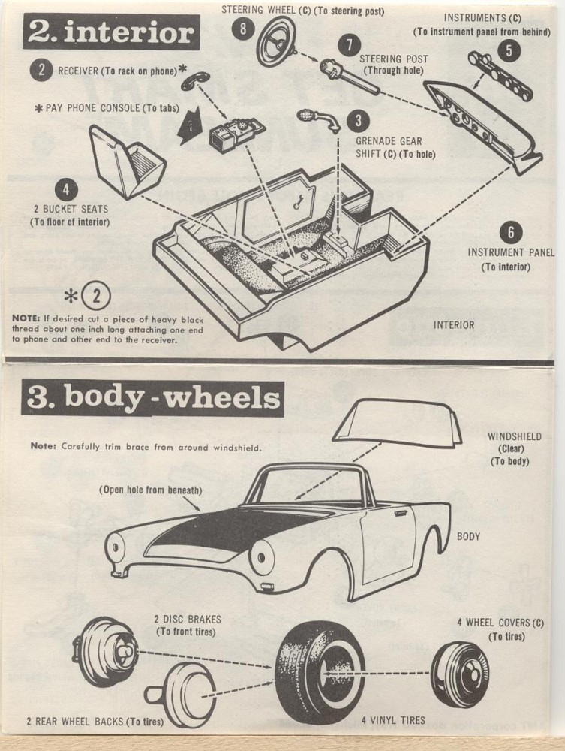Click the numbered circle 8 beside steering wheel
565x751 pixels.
pyautogui.click(x=242, y=29)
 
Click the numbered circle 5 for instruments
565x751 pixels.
pyautogui.click(x=509, y=50)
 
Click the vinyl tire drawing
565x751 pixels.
pyautogui.click(x=319, y=671)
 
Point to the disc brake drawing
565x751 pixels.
pyautogui.click(x=104, y=650)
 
